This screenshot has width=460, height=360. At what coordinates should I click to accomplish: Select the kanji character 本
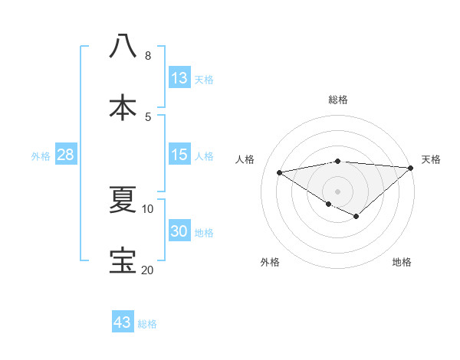[x=123, y=107]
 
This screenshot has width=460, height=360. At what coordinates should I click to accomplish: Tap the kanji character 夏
[x=123, y=201]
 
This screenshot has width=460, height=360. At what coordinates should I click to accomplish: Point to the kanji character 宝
[x=123, y=261]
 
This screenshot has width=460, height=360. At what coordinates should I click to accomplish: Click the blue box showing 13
[x=179, y=78]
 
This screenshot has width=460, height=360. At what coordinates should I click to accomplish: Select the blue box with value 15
[x=179, y=155]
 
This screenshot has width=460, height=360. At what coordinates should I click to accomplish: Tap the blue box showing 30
[x=179, y=232]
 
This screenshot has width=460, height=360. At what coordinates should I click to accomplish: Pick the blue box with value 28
[x=66, y=155]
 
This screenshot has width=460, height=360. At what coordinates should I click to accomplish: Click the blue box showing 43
[x=123, y=322]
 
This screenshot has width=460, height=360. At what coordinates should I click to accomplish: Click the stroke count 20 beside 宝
[x=147, y=270]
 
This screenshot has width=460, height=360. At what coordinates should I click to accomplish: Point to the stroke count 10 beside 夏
[x=147, y=208]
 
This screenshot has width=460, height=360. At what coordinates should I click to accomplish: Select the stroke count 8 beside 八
[x=147, y=56]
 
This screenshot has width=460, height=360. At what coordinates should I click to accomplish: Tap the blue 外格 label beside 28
[x=41, y=156]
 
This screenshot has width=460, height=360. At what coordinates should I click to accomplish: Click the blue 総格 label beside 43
[x=147, y=324]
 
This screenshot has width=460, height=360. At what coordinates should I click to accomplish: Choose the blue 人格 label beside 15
[x=204, y=156]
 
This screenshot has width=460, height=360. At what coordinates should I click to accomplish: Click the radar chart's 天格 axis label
[x=431, y=159]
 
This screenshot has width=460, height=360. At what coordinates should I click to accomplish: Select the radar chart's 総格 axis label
[x=337, y=100]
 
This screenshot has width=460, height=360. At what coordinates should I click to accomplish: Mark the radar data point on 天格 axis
[x=411, y=168]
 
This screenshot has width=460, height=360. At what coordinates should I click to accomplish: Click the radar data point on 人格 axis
[x=280, y=172]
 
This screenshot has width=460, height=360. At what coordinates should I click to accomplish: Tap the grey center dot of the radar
[x=337, y=191]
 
